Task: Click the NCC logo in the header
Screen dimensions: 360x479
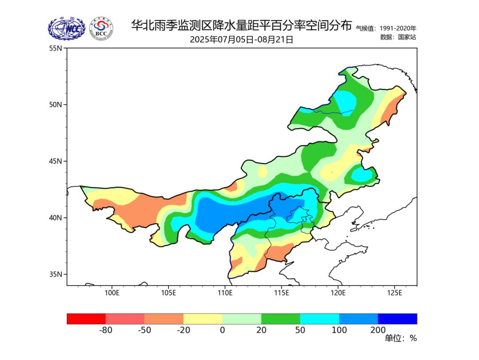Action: (x=67, y=29)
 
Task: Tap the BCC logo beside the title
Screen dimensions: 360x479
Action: (x=101, y=29)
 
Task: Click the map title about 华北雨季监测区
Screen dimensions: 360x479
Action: (x=241, y=25)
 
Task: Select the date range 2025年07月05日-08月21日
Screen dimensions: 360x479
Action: (x=241, y=40)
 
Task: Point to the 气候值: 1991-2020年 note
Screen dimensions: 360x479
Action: (x=386, y=28)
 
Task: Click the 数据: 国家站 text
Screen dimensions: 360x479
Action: (x=398, y=37)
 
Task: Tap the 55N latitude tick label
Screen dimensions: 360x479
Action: (x=55, y=48)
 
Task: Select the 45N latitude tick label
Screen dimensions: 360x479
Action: (x=55, y=161)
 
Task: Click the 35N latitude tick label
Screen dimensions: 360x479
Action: (x=55, y=274)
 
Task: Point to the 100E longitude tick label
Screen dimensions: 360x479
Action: (x=112, y=293)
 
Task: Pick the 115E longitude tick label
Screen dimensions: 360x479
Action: (x=282, y=293)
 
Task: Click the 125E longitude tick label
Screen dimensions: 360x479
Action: (x=394, y=293)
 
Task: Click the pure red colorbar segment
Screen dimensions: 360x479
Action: (x=86, y=319)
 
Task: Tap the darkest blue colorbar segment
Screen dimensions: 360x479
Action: (x=397, y=319)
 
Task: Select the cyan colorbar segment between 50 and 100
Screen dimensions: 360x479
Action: (x=319, y=319)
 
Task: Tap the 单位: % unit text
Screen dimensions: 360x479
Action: (x=400, y=339)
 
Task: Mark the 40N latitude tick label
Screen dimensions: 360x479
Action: (x=55, y=218)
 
